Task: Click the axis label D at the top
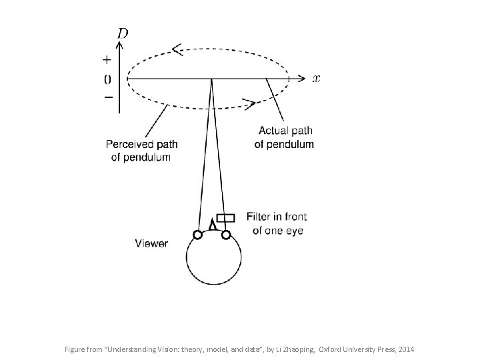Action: pyautogui.click(x=123, y=33)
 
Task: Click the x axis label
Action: pyautogui.click(x=316, y=79)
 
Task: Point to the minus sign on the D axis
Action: pyautogui.click(x=107, y=97)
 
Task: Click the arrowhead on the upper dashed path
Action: pyautogui.click(x=177, y=49)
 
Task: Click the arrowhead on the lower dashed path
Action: pyautogui.click(x=249, y=103)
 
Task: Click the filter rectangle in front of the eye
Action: pyautogui.click(x=226, y=218)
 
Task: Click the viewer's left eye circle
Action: pyautogui.click(x=197, y=234)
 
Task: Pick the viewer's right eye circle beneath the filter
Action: pyautogui.click(x=226, y=234)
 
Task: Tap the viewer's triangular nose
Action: pyautogui.click(x=212, y=225)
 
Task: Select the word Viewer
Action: pyautogui.click(x=151, y=244)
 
